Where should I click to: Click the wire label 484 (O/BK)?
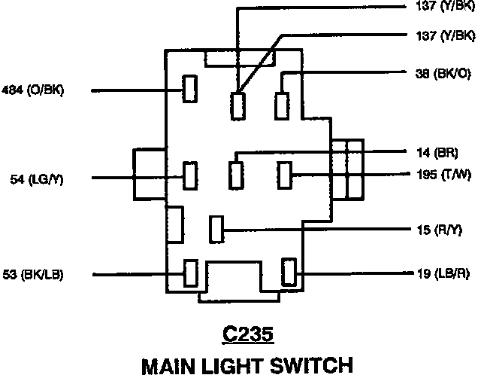point(34,90)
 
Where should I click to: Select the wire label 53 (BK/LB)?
point(33,274)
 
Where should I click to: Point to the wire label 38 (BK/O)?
point(443,73)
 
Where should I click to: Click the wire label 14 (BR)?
point(436,153)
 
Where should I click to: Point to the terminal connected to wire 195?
point(284,175)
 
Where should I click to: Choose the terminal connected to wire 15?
point(216,228)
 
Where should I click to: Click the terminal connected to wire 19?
point(288,271)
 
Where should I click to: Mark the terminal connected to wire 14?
point(237,175)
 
